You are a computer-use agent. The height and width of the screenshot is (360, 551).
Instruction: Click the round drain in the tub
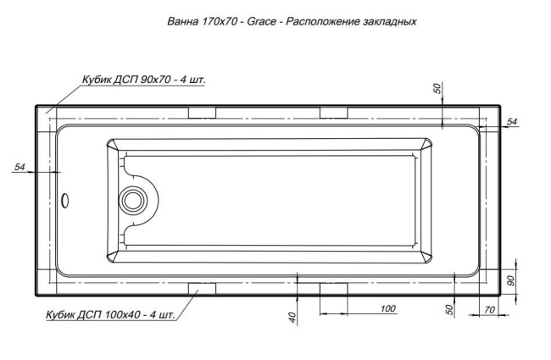(x=133, y=201)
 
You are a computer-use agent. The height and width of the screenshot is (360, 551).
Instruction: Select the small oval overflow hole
(x=68, y=201)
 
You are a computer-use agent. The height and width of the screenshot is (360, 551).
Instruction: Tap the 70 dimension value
(x=489, y=309)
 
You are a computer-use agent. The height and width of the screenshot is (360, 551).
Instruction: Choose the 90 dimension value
(x=511, y=280)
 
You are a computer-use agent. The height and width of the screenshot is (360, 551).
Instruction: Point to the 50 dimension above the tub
(x=438, y=90)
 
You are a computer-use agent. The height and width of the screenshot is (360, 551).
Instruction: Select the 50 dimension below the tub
(x=448, y=309)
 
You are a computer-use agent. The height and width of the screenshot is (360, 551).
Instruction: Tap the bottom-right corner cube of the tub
(x=490, y=283)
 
